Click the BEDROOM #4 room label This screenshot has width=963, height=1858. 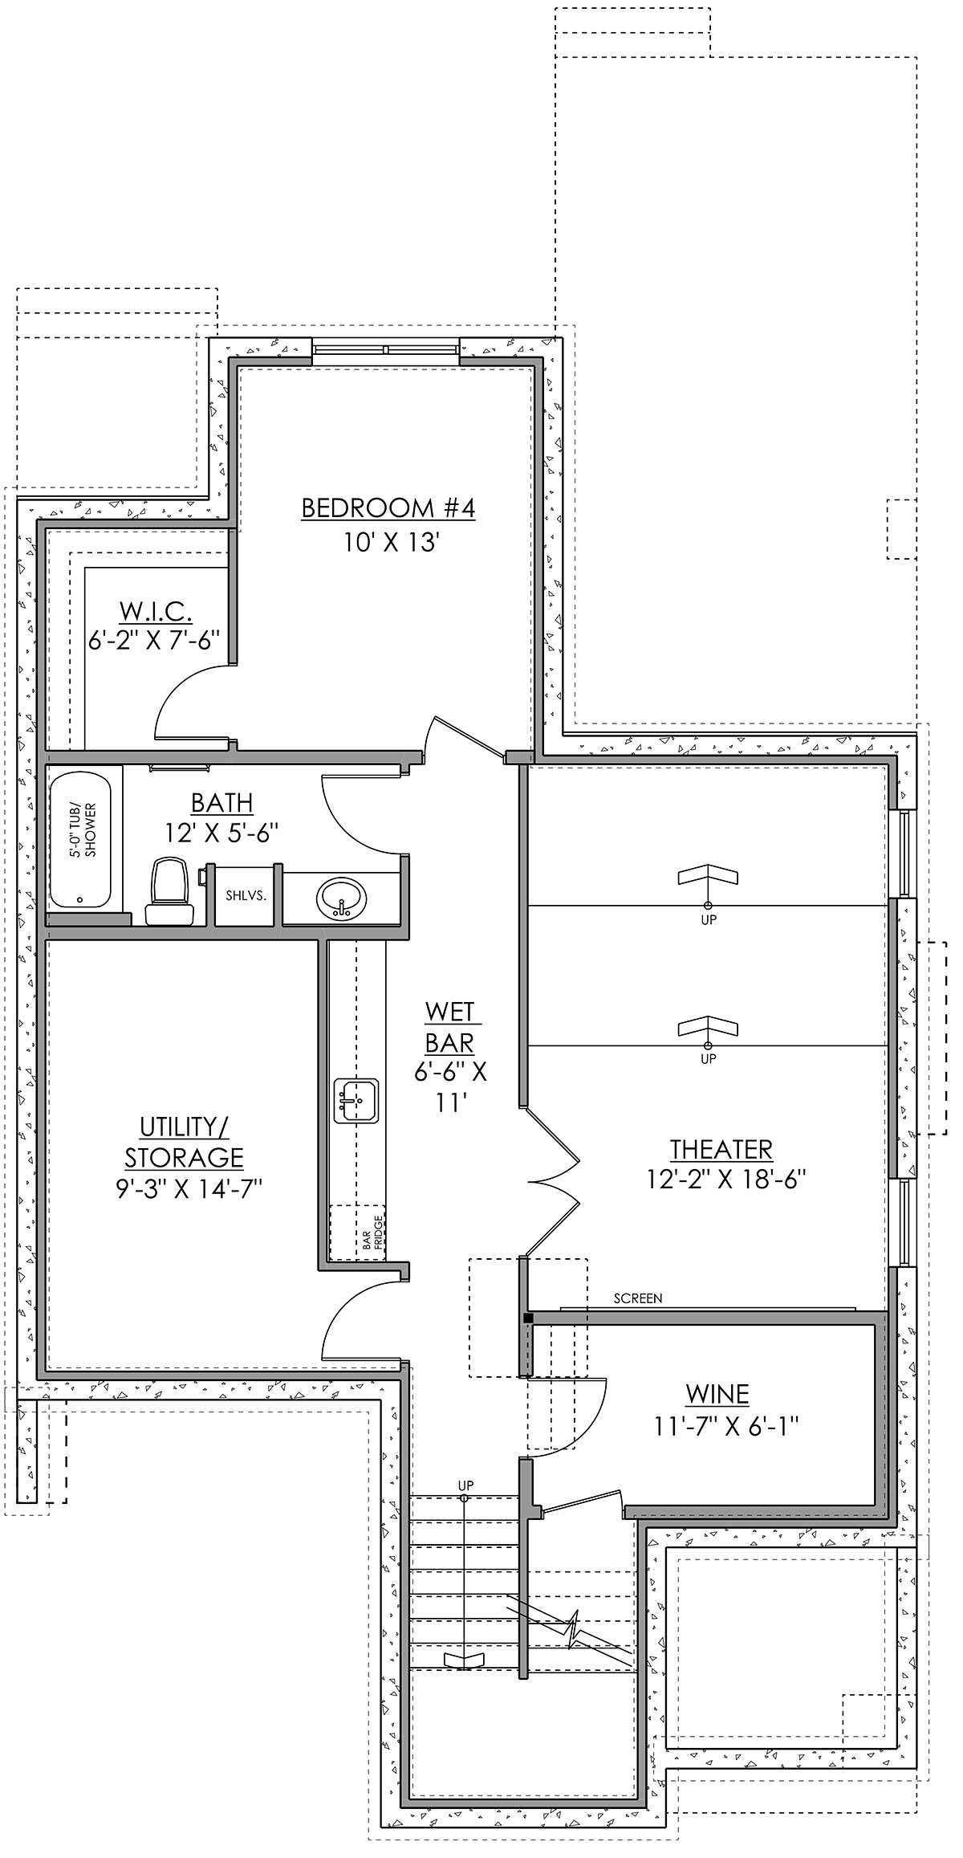pos(388,508)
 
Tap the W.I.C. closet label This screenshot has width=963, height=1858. pos(156,611)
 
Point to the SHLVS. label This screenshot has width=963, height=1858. pos(246,895)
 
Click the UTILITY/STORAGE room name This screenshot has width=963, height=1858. pos(184,1142)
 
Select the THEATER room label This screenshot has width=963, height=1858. pos(721,1150)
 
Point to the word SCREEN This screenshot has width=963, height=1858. pos(638,1298)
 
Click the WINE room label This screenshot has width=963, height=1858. pos(717,1394)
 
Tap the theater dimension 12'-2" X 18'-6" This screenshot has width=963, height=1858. pos(726,1180)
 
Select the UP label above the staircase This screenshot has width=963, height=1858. pos(465,1485)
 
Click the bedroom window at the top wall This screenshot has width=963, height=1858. pos(386,349)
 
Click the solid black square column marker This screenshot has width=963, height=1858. pos(527,1318)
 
